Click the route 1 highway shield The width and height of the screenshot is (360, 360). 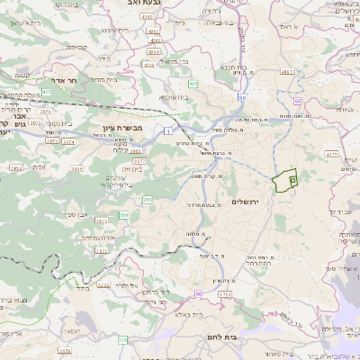pyautogui.click(x=167, y=132)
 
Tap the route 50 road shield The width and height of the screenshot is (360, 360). pyautogui.click(x=242, y=97)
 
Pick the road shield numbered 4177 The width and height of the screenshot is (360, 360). pyautogui.click(x=330, y=155)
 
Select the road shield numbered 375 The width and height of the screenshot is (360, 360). pyautogui.click(x=122, y=339)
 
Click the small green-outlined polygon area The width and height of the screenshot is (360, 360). pyautogui.click(x=286, y=180)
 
